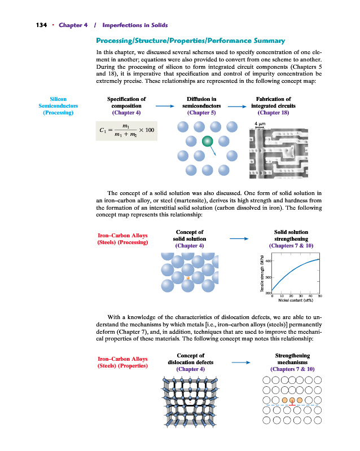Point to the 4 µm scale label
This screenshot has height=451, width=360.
(260, 123)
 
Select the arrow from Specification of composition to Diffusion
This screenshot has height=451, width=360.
(164, 105)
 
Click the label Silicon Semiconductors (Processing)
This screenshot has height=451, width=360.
(59, 105)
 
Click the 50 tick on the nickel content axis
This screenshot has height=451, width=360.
(320, 296)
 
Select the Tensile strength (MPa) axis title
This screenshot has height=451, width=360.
(263, 275)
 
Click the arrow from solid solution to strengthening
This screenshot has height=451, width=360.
(239, 239)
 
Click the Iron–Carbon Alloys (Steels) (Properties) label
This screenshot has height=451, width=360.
(123, 362)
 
